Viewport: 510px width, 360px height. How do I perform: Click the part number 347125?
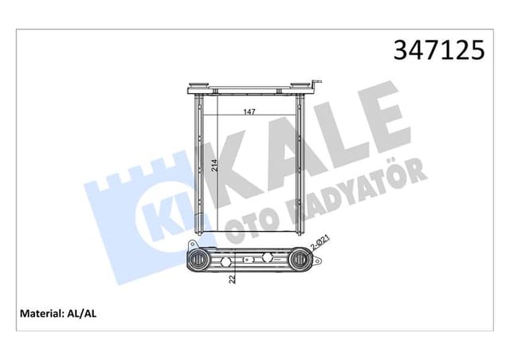[437, 49]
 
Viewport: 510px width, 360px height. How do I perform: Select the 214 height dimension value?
[214, 166]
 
